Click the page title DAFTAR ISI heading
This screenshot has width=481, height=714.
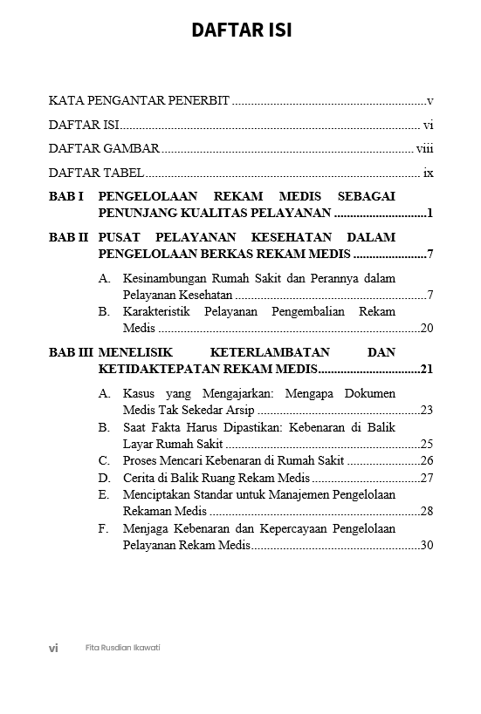(241, 31)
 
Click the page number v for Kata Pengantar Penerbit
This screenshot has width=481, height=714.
(430, 101)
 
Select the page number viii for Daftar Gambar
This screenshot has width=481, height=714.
(425, 148)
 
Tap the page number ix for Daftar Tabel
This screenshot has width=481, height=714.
(429, 173)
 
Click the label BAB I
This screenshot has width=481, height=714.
(65, 197)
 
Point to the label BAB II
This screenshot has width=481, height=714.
(68, 237)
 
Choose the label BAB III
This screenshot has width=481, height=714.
(71, 352)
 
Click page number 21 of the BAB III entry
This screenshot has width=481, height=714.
(427, 370)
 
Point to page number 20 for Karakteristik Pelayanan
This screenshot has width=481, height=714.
(427, 329)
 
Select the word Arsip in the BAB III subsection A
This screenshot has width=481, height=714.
(240, 410)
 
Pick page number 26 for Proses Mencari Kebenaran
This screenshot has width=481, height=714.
(427, 460)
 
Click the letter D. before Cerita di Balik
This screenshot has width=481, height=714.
(105, 478)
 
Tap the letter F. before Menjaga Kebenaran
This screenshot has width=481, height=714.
(105, 528)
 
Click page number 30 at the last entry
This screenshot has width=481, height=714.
(427, 546)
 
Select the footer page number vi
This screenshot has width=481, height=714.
(53, 649)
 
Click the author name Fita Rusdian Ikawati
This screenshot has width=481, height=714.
(123, 649)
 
